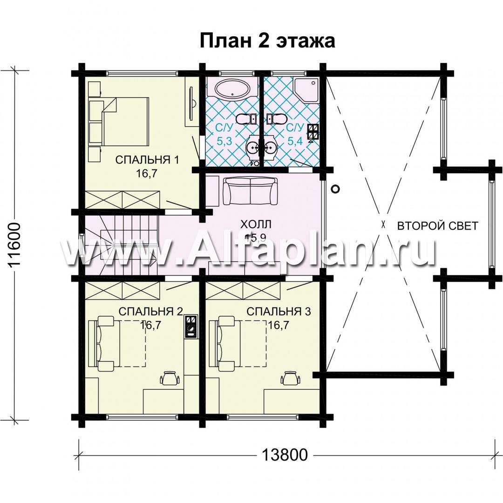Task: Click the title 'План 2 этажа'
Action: [267, 41]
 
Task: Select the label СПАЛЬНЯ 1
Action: [147, 160]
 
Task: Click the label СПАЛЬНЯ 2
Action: [150, 312]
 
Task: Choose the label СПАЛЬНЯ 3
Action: [279, 312]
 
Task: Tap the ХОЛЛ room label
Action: [256, 224]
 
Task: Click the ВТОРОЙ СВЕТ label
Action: [437, 226]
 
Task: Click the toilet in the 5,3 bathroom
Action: [246, 119]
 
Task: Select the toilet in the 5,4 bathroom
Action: [277, 119]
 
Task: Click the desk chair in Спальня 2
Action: [169, 378]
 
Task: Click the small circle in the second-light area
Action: [335, 189]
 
